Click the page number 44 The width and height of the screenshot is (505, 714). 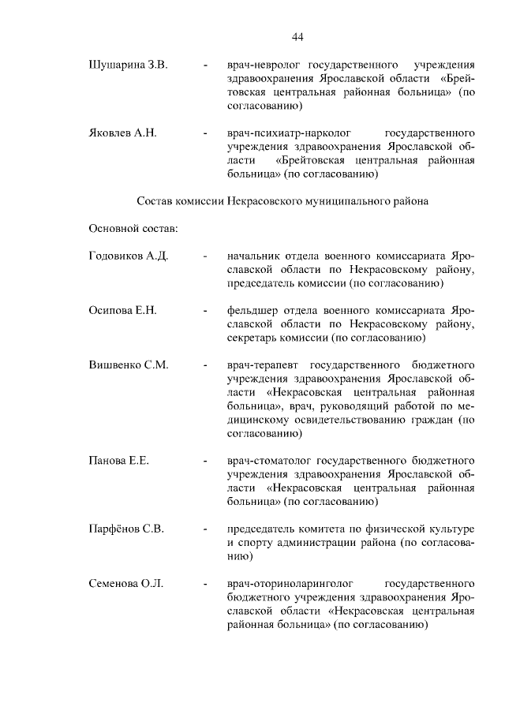(297, 36)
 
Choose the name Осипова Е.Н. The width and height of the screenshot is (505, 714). (123, 311)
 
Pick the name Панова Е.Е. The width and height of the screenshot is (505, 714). (119, 460)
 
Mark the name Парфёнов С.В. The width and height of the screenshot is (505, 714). (126, 529)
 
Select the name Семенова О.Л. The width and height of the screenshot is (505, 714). (126, 584)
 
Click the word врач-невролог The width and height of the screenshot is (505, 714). (264, 63)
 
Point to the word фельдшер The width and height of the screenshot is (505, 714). (252, 311)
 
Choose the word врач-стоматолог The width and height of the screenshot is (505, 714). (269, 460)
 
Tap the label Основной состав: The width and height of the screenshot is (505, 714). (133, 229)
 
